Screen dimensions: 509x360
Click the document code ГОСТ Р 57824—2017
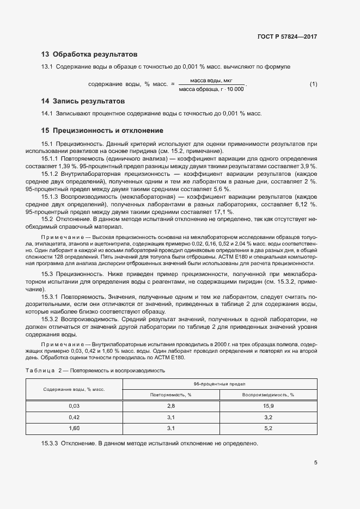[286, 37]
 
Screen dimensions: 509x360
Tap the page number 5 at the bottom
[315, 463]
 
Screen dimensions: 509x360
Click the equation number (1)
[313, 84]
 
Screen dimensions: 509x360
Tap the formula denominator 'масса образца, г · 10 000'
[211, 89]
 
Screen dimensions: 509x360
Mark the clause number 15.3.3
[50, 444]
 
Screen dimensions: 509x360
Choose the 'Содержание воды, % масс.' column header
[74, 389]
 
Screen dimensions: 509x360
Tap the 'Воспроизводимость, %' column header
[268, 395]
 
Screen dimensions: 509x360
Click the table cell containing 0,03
[74, 406]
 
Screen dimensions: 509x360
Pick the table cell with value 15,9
[268, 406]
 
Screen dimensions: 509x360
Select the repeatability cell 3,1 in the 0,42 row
[170, 418]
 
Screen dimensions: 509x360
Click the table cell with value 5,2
[268, 428]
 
